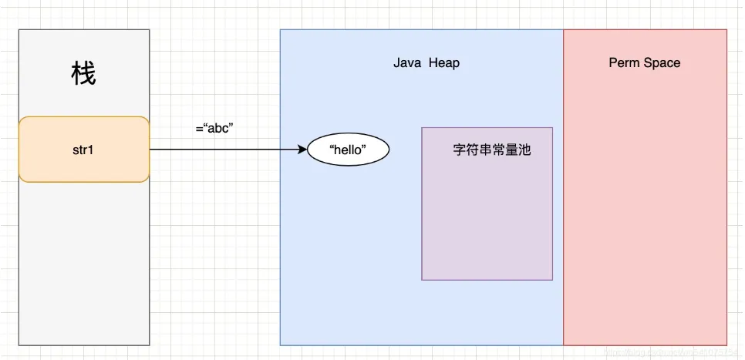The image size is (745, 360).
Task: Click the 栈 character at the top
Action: point(83,75)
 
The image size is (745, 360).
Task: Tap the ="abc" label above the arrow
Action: point(214,128)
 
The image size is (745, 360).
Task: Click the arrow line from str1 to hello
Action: point(224,150)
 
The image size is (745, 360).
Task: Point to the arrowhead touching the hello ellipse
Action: point(302,150)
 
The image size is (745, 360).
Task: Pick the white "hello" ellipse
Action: point(348,150)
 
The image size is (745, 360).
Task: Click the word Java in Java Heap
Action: point(407,63)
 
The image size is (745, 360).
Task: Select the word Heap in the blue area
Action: point(444,63)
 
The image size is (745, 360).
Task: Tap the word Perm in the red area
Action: point(624,63)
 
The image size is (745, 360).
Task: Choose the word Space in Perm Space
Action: point(662,63)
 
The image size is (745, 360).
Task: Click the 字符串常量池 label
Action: point(492,150)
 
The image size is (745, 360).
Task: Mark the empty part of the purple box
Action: point(487,224)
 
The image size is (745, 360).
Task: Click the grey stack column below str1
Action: point(83,262)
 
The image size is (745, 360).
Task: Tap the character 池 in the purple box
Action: point(524,150)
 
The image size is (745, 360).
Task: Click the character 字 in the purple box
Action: point(460,150)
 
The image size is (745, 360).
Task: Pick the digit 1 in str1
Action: point(91,150)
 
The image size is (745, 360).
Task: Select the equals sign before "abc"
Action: point(199,128)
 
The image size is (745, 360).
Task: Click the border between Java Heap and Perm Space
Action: point(564,193)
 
